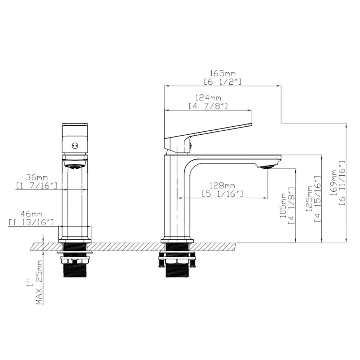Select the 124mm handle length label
click(208, 98)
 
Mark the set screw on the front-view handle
click(75, 146)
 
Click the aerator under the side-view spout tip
click(267, 166)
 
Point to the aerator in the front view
click(75, 166)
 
